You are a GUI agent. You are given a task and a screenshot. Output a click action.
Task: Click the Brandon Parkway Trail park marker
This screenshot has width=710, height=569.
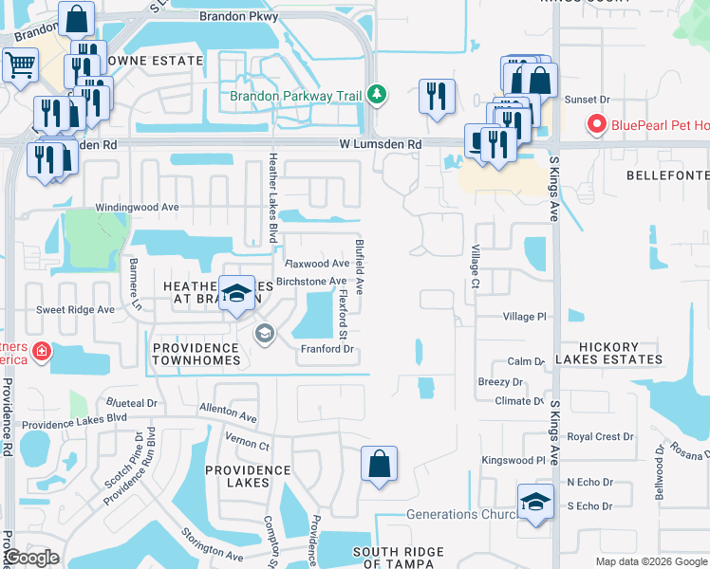coord(378,95)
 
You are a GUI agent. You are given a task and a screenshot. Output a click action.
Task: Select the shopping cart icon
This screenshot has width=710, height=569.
coord(19,65)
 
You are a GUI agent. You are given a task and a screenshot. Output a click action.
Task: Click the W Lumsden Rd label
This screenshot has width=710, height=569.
coord(380,144)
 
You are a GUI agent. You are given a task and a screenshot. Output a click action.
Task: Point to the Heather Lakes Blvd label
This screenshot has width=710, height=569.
coord(273,197)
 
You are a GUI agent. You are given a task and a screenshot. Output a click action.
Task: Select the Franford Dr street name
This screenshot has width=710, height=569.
coord(327,349)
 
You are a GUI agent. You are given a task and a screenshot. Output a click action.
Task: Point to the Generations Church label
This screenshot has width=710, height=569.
coord(456,515)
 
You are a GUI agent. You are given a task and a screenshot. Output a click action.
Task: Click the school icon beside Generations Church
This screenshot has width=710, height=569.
coord(535,503)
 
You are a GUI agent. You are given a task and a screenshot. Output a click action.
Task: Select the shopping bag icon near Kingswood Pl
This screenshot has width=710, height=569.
coord(379,465)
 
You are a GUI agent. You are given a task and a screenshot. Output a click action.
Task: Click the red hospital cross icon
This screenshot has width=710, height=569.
coord(40,353)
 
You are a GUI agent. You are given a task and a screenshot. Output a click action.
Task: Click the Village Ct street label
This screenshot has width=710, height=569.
coord(476,266)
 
